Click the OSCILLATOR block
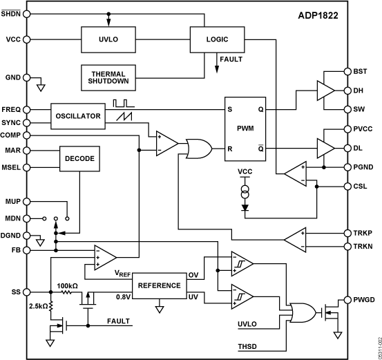tap(78, 116)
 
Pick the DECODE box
tap(80, 159)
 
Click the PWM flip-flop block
tap(245, 128)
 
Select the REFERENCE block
tap(159, 285)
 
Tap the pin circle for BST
tap(347, 72)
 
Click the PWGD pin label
tap(363, 299)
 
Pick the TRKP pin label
tap(363, 233)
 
